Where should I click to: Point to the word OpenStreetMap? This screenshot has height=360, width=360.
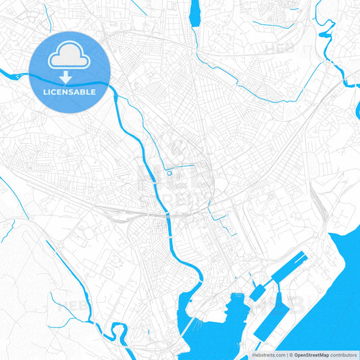pos(311,354)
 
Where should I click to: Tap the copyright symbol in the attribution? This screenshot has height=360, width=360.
pos(290,354)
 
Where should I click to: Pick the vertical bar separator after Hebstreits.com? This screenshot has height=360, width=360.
pos(286,354)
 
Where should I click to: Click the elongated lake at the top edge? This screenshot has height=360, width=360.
pos(196,14)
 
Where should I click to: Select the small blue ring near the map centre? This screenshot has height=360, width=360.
pos(169,174)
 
